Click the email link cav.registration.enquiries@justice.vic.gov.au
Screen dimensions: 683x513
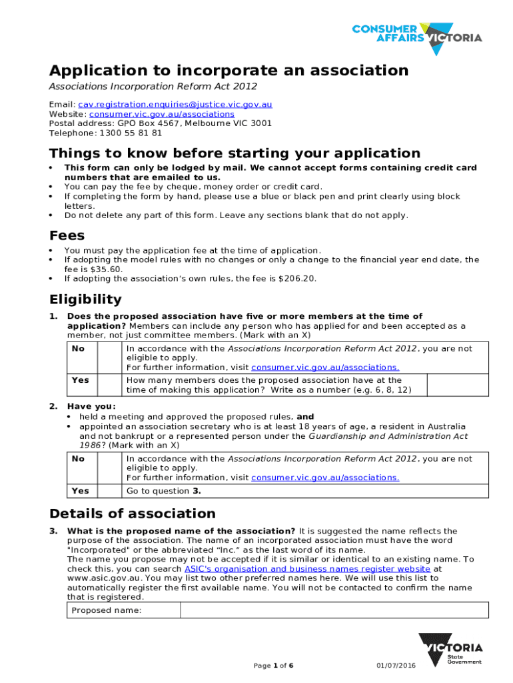pos(175,105)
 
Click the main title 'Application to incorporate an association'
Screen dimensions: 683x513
pos(229,71)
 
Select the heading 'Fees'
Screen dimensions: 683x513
pos(67,235)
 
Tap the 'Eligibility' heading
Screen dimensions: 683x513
pos(86,299)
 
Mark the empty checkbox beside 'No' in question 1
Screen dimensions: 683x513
pos(109,358)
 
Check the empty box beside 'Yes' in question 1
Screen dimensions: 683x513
pos(109,384)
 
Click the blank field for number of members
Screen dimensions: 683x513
pos(456,384)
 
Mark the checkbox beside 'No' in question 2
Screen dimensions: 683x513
pos(109,468)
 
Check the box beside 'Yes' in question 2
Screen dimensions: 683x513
pos(109,491)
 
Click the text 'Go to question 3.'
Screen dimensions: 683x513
pos(164,491)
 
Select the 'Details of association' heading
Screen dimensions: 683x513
pos(133,514)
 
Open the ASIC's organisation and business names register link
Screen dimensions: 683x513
pos(307,569)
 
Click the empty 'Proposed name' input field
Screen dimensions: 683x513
pos(334,610)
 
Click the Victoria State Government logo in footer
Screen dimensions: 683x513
pos(451,650)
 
